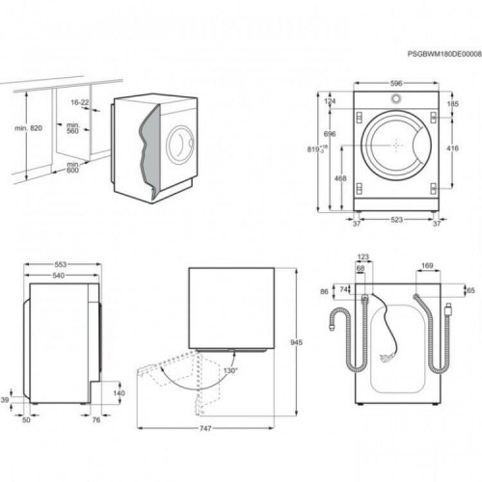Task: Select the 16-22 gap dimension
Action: point(80,101)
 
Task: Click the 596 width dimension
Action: point(395,83)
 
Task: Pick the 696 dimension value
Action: point(330,133)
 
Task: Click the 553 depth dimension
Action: point(60,264)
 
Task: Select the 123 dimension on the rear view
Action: point(363,256)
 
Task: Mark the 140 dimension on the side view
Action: point(119,393)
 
